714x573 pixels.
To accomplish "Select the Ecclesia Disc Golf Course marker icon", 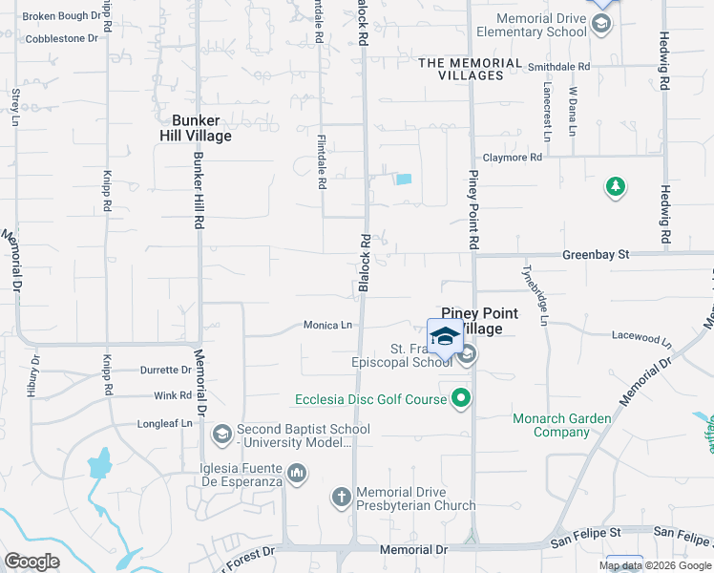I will click(462, 398).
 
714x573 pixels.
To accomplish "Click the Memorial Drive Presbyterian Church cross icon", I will click(342, 497).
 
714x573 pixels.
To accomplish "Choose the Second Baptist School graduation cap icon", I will click(222, 435).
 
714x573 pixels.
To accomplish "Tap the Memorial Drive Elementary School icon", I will click(601, 25).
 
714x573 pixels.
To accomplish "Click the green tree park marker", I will click(616, 187).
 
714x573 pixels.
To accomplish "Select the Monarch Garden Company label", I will click(564, 425).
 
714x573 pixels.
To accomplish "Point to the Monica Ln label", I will click(327, 326).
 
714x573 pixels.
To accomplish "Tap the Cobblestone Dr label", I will click(62, 39).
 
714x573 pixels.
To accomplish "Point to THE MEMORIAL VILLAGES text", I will click(471, 63).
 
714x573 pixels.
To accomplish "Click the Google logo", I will click(31, 562).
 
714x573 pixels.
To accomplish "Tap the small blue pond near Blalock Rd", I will click(404, 179).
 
